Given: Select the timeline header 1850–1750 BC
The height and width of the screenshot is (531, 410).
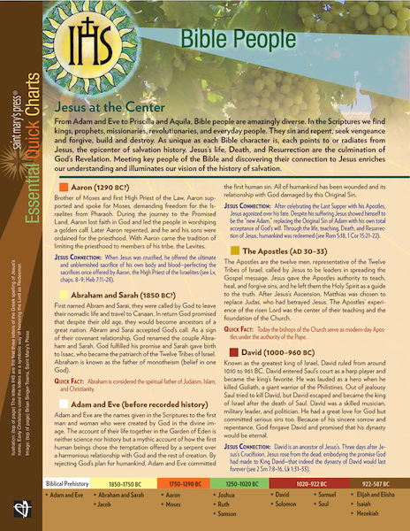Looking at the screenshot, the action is point(134,485).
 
